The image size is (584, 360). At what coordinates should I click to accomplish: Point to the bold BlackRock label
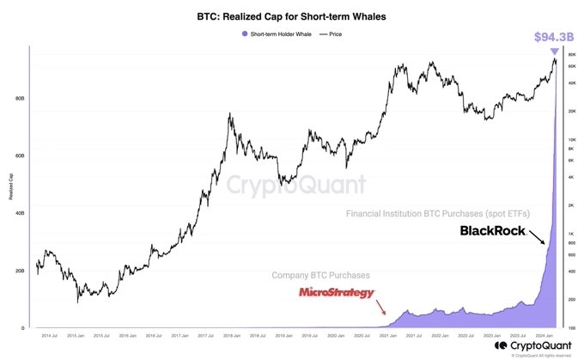[492, 231]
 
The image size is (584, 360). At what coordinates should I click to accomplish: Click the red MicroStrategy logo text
[338, 293]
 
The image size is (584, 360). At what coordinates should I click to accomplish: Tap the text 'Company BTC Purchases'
[320, 276]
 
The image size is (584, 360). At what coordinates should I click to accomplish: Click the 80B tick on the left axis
[19, 98]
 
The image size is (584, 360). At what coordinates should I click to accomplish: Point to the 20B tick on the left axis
[19, 271]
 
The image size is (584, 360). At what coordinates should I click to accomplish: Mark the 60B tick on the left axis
[19, 156]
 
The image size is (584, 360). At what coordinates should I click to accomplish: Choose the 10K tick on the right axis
[571, 139]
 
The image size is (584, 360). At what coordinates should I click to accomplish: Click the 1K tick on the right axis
[571, 235]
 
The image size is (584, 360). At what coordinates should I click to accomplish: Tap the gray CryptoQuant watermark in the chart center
[296, 183]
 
